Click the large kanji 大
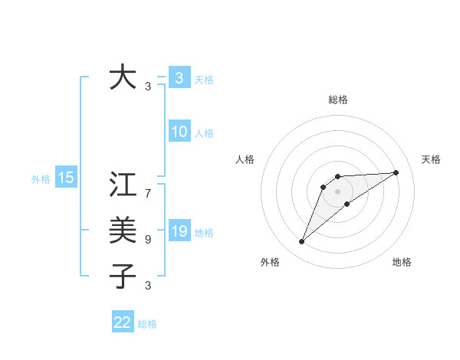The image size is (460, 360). [123, 78]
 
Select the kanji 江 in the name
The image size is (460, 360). [123, 185]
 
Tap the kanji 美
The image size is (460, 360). [123, 230]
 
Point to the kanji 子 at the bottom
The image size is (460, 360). [123, 275]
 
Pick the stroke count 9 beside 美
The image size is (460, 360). [148, 240]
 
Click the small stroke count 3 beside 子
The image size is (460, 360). [148, 285]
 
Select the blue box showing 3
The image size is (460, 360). [179, 78]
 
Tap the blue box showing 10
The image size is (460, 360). [179, 132]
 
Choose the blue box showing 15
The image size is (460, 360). [66, 178]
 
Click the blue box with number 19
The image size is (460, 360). [179, 231]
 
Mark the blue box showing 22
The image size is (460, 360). [123, 322]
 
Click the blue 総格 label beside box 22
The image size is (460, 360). [147, 324]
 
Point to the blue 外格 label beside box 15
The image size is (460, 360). [41, 179]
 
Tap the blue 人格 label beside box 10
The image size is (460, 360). [204, 133]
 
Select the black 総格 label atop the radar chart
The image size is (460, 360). [338, 100]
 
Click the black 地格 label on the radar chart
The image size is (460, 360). [402, 262]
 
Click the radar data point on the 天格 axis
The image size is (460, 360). [396, 172]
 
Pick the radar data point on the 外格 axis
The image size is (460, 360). [302, 242]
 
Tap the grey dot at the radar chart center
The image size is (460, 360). [338, 191]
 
